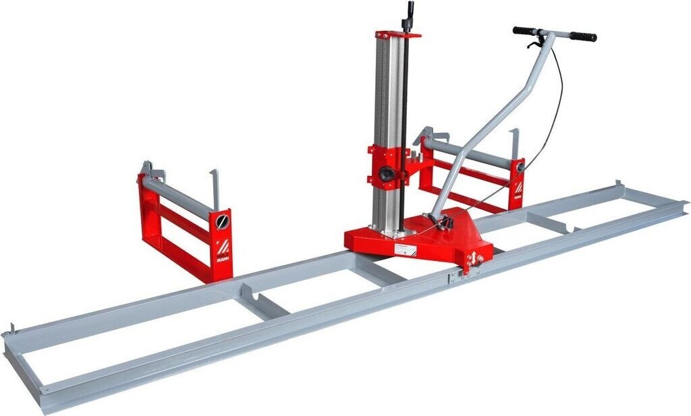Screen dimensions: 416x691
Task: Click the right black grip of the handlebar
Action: [582, 36]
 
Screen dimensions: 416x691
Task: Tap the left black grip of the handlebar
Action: [524, 30]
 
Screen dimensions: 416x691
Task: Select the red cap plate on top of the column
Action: [398, 34]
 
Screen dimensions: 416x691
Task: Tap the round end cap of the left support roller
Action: [222, 220]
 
